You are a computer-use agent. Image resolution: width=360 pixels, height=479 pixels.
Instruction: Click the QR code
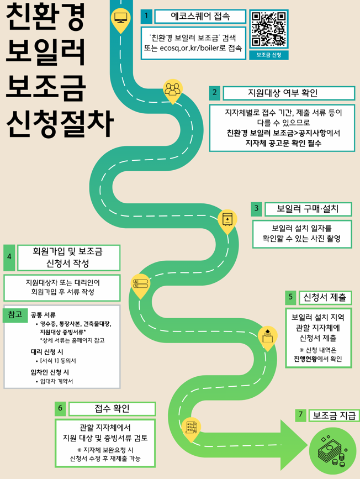[x=269, y=29]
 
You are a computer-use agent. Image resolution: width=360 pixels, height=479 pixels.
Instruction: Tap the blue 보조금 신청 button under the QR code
[x=269, y=55]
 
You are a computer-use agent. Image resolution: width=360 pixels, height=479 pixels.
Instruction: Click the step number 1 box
[x=146, y=17]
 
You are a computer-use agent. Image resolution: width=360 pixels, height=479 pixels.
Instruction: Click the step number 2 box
[x=215, y=93]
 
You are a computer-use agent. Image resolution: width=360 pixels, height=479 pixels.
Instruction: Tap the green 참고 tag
[x=15, y=314]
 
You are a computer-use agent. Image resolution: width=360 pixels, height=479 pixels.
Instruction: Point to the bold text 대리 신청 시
[x=47, y=351]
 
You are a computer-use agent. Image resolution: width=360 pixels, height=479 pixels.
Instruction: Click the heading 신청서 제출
[x=325, y=297]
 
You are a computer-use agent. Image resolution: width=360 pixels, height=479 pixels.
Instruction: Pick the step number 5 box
[x=291, y=297]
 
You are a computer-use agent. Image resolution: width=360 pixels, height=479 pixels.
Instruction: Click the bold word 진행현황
[x=304, y=359]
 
